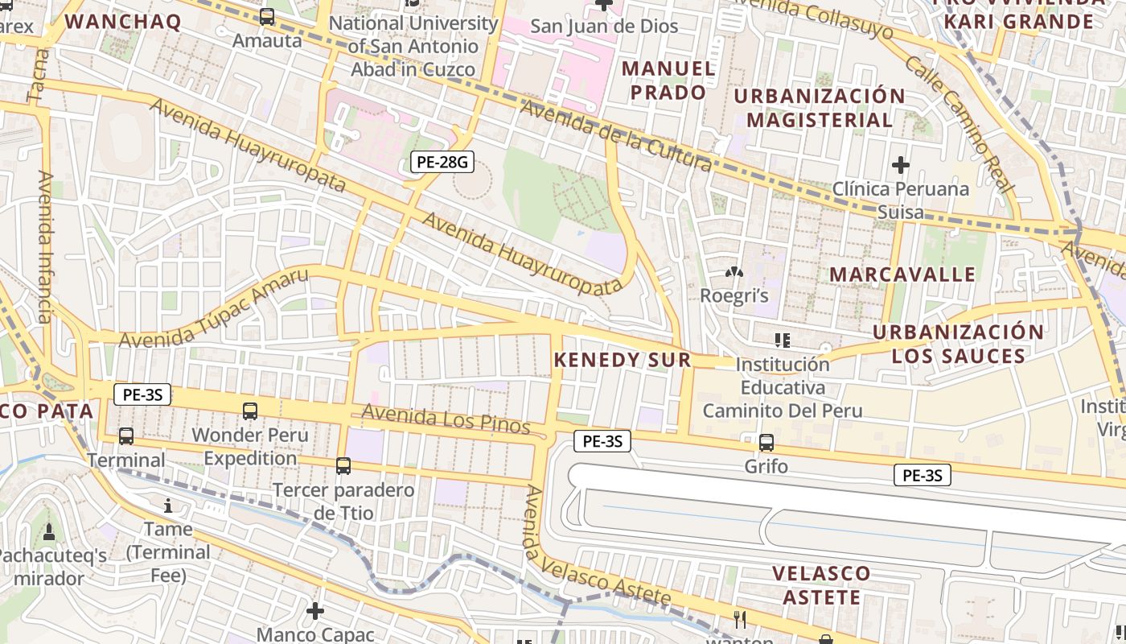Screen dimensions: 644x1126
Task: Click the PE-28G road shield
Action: pyautogui.click(x=442, y=162)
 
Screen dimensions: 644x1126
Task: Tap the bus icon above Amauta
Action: pyautogui.click(x=267, y=16)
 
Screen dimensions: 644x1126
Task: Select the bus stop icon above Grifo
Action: pyautogui.click(x=766, y=442)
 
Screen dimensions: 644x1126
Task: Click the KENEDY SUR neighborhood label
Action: pyautogui.click(x=623, y=360)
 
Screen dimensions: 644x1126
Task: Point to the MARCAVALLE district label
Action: pyautogui.click(x=902, y=275)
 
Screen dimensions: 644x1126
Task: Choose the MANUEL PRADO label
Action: pyautogui.click(x=668, y=80)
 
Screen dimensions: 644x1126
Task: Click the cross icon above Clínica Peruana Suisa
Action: pyautogui.click(x=901, y=166)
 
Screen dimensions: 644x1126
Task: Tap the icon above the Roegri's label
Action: pyautogui.click(x=733, y=273)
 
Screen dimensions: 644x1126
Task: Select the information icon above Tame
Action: pyautogui.click(x=168, y=506)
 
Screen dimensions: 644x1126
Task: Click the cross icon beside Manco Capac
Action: pyautogui.click(x=315, y=611)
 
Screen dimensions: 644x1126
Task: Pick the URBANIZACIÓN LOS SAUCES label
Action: pyautogui.click(x=958, y=344)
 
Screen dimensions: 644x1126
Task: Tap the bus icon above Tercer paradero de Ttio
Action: pyautogui.click(x=343, y=465)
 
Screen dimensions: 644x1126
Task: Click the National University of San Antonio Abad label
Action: pyautogui.click(x=413, y=46)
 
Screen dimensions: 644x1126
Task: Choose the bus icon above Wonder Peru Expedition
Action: pyautogui.click(x=250, y=411)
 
